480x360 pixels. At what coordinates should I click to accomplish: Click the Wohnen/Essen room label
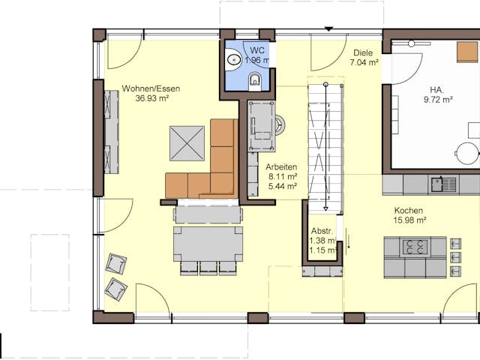151,88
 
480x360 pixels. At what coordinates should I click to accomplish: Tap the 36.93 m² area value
152,98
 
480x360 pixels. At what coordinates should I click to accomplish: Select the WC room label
257,50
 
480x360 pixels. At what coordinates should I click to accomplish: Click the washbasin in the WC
234,59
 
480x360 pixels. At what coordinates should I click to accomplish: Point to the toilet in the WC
255,82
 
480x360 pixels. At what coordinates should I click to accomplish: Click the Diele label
363,52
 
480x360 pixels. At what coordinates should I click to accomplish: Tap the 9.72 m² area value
438,100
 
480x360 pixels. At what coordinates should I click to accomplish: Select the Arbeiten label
281,167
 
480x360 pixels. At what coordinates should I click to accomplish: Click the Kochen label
408,211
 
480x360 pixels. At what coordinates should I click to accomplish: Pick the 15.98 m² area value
410,220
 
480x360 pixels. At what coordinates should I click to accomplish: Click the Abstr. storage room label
322,231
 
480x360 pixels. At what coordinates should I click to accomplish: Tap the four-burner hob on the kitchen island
415,247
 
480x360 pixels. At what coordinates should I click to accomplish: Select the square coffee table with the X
187,143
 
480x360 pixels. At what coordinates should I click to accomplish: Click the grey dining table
208,244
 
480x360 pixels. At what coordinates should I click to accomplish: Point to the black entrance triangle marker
328,29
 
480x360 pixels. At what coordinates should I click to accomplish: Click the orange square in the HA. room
467,52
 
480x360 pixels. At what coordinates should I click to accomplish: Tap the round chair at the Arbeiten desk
280,125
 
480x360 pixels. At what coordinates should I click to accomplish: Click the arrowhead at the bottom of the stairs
325,208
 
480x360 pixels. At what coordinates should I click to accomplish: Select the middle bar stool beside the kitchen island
455,257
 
